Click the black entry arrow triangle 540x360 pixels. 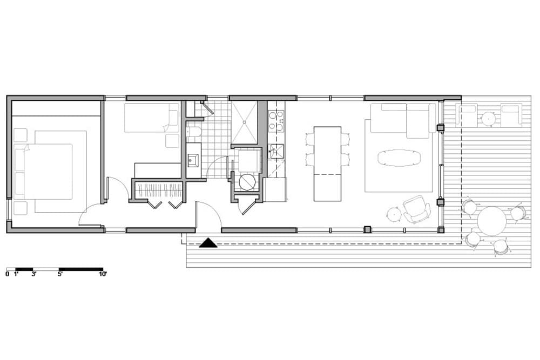click(x=208, y=243)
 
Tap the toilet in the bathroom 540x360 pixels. click(x=193, y=132)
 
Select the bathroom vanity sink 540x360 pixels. click(x=193, y=159)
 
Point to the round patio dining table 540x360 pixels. click(x=492, y=221)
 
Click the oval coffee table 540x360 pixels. click(x=399, y=157)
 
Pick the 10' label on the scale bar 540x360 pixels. click(x=103, y=274)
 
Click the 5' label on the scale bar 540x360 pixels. click(x=59, y=274)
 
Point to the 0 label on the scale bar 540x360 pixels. click(x=8, y=274)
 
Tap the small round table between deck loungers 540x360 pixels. click(x=489, y=118)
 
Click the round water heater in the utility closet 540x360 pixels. click(x=247, y=182)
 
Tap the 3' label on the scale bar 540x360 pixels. click(x=33, y=274)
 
